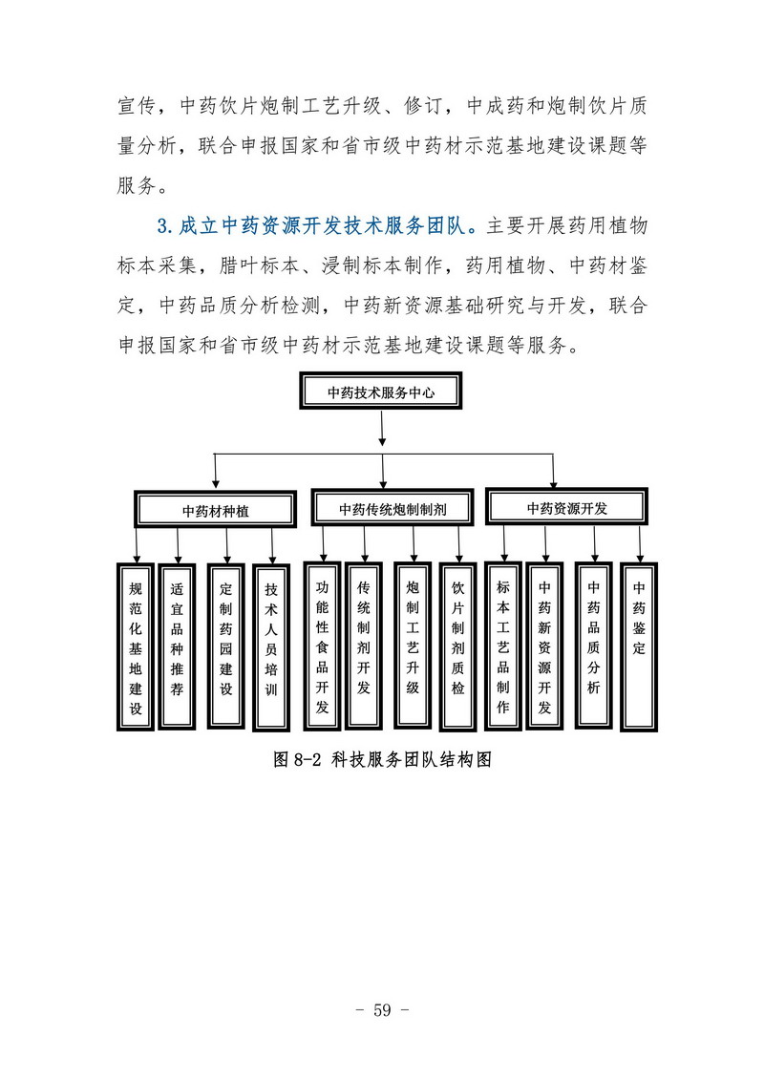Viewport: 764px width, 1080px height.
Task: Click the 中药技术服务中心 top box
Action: pos(380,392)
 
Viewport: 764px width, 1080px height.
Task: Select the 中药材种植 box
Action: pos(215,510)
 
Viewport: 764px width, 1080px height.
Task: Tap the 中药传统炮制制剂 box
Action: pos(392,508)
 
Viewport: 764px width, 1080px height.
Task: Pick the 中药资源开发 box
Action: pos(566,507)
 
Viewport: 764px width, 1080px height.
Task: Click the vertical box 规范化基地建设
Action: pos(135,646)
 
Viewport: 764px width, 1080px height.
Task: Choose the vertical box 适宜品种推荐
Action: pos(177,646)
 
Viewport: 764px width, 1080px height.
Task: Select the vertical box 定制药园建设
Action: pos(226,646)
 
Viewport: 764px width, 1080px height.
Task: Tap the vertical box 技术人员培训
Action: pos(271,647)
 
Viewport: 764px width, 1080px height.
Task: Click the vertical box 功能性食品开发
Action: pos(323,646)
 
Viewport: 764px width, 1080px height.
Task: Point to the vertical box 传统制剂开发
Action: pos(364,646)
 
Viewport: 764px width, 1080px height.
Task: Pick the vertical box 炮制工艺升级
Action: pos(413,646)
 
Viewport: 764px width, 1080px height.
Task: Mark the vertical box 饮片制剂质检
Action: pos(458,646)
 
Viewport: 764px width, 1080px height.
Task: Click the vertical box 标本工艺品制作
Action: pos(503,646)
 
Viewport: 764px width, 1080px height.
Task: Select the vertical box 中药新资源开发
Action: pos(545,646)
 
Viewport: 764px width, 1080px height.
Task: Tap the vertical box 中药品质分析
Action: pos(594,646)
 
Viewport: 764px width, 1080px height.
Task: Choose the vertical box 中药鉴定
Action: pos(639,646)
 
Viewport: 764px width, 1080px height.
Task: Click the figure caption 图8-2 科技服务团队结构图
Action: pos(382,759)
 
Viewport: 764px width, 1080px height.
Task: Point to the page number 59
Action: pos(382,1009)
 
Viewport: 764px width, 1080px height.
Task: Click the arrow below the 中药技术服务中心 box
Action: pos(382,429)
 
